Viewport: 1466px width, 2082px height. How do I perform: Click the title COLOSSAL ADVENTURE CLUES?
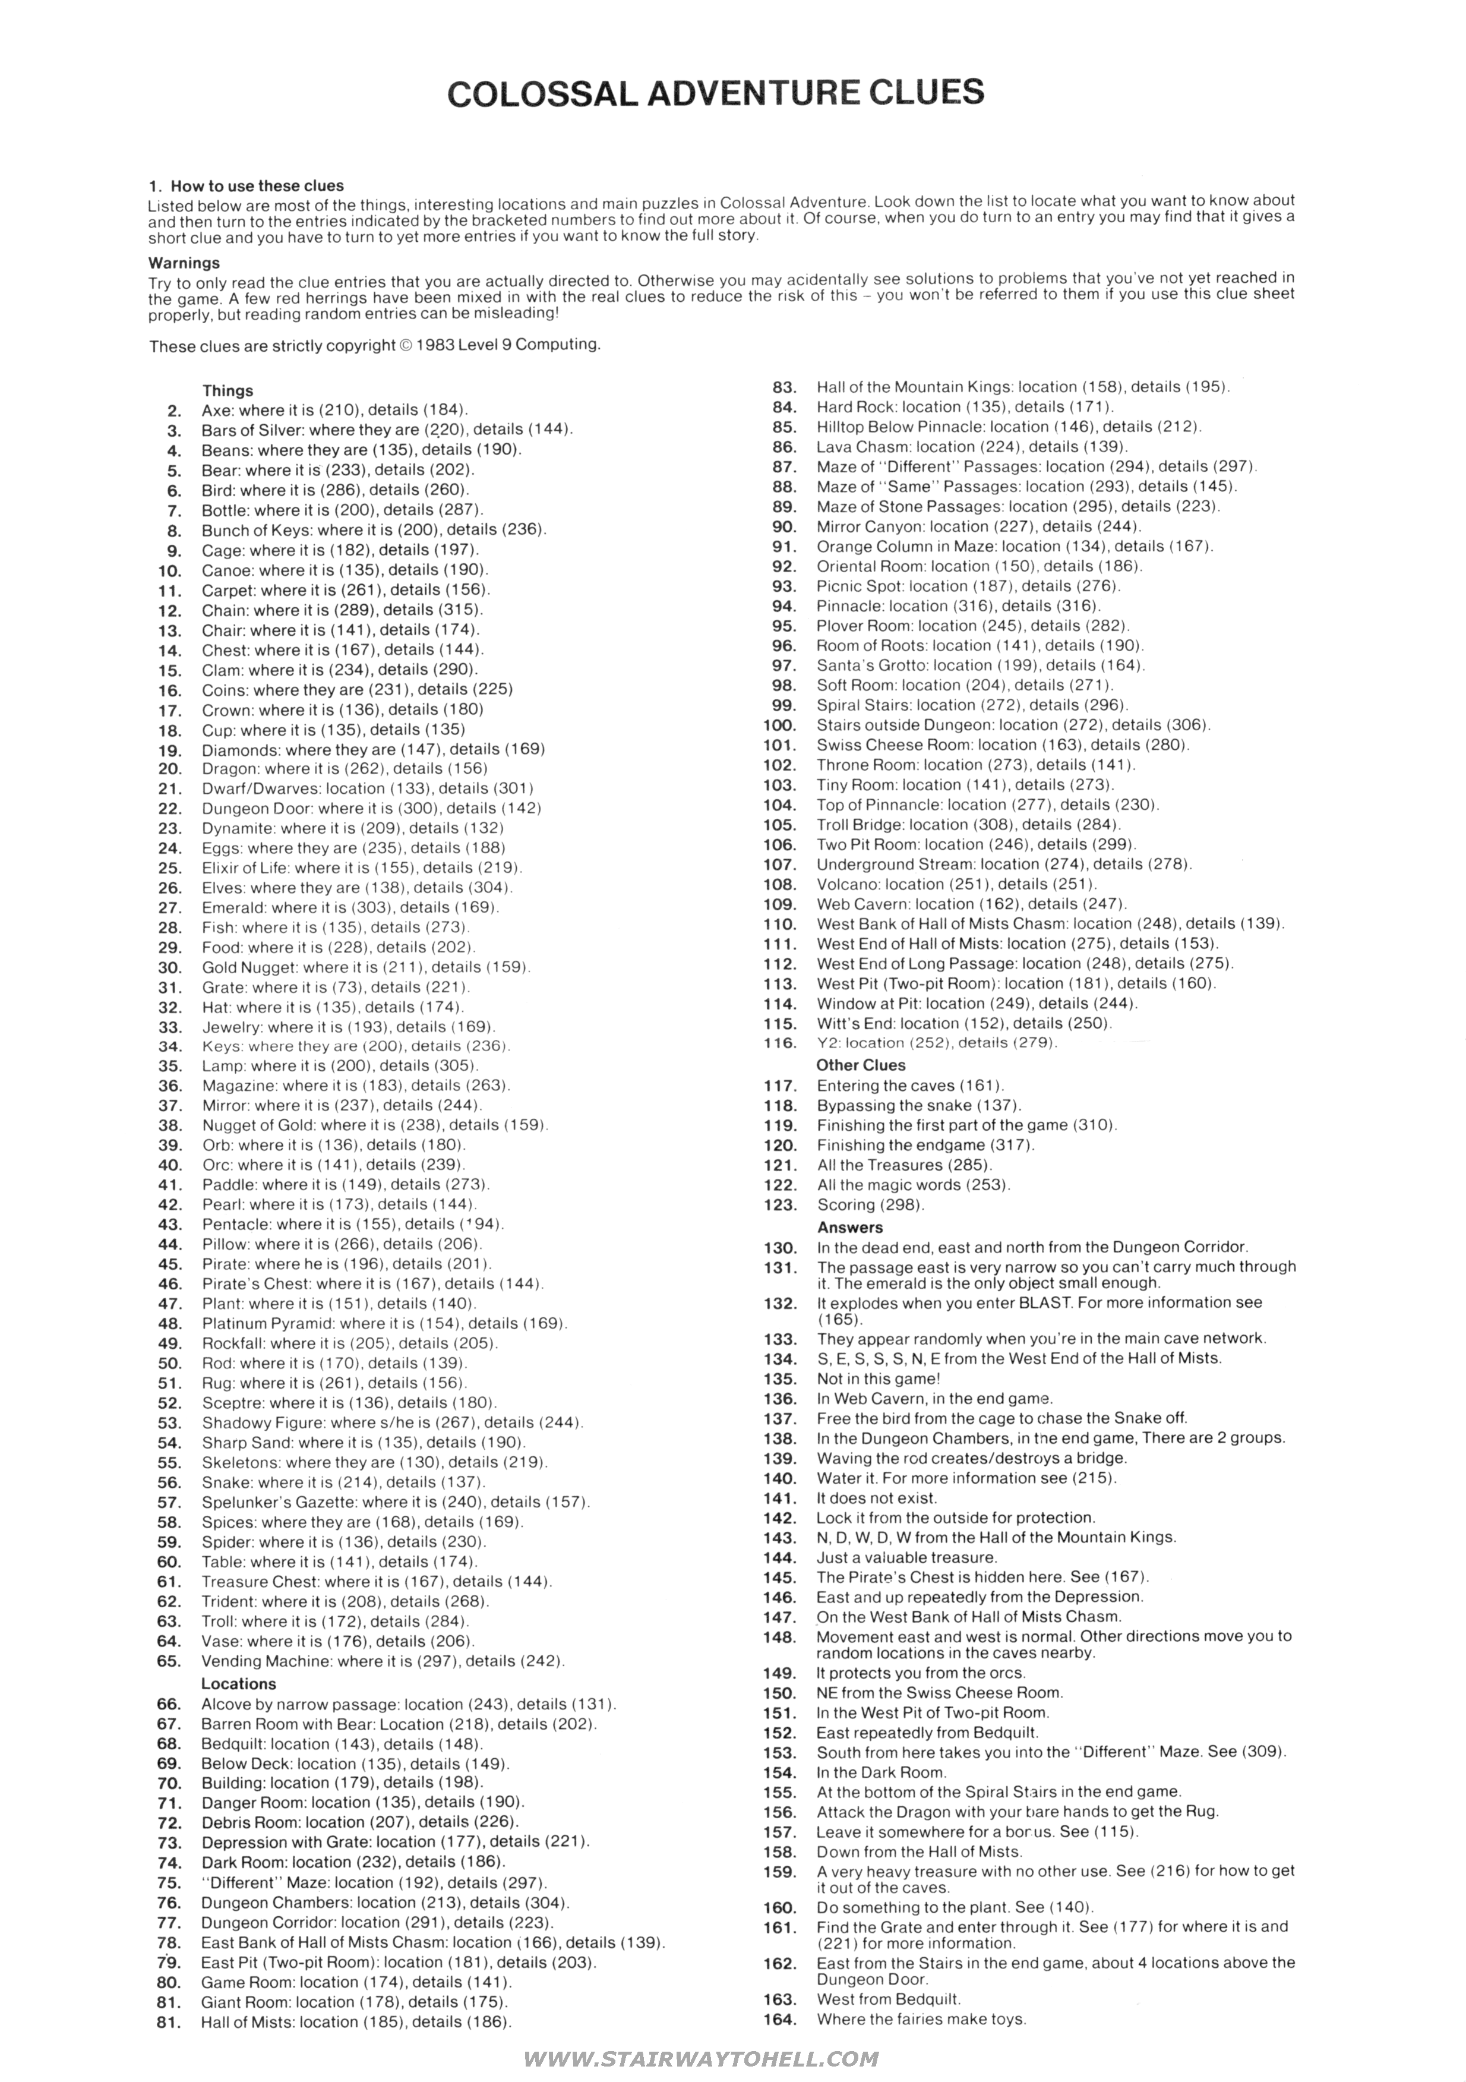(x=715, y=93)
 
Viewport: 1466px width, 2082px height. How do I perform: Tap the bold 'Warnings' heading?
(x=184, y=263)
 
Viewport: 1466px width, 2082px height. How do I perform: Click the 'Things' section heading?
(x=228, y=391)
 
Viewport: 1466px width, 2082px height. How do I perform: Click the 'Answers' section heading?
(x=849, y=1227)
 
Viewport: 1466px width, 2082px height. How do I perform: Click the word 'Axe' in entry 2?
(x=215, y=410)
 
